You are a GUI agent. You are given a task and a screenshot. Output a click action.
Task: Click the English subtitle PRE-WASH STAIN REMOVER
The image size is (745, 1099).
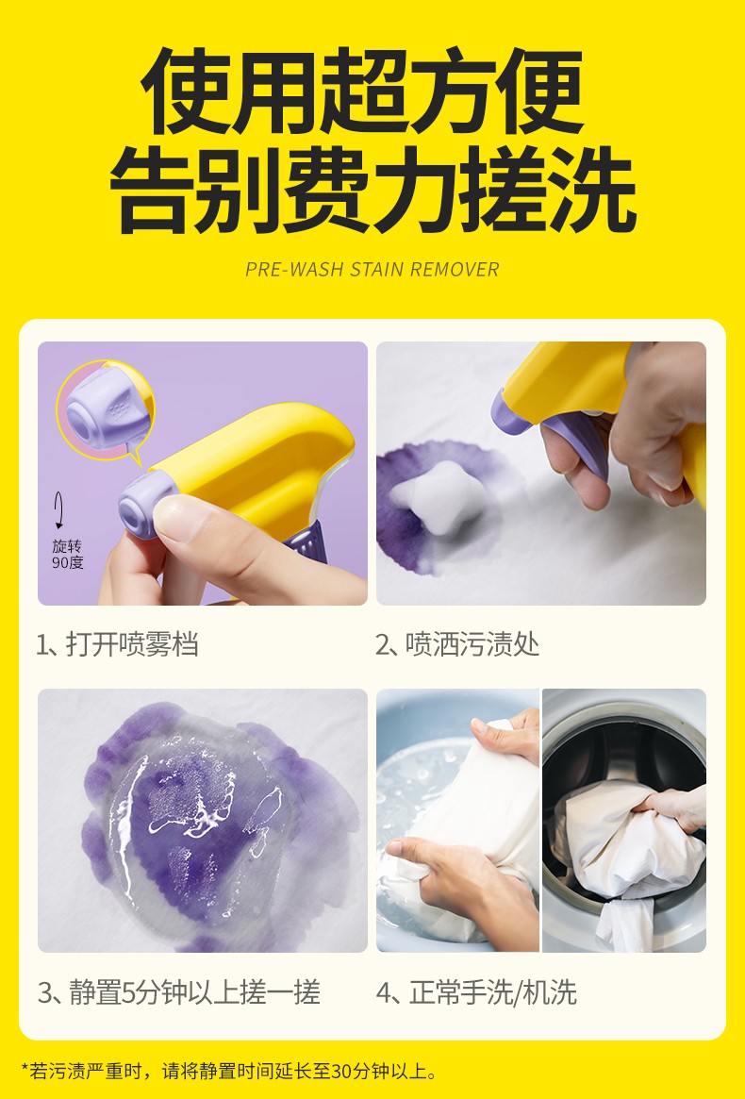(x=372, y=269)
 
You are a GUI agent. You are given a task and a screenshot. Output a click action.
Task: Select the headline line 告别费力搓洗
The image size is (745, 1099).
(x=372, y=190)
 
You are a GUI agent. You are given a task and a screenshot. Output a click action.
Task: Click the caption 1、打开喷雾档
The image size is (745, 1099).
(x=117, y=644)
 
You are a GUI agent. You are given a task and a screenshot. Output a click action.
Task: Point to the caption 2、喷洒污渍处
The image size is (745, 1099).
(x=457, y=644)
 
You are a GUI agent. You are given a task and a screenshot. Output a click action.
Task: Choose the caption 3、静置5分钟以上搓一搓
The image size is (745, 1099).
(x=179, y=992)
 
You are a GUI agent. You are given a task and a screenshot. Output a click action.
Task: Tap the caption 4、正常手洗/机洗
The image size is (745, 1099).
(x=476, y=992)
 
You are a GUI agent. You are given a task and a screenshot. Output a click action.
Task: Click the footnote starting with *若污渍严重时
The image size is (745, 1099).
(x=230, y=1071)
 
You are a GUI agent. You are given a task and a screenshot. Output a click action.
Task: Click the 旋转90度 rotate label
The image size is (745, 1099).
(x=67, y=554)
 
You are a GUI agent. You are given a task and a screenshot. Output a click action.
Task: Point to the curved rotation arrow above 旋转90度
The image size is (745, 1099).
(x=59, y=510)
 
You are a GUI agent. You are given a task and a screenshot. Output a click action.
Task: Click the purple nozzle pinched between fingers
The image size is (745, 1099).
(x=143, y=503)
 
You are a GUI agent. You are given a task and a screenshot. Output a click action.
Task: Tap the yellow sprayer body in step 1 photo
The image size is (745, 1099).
(x=259, y=462)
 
